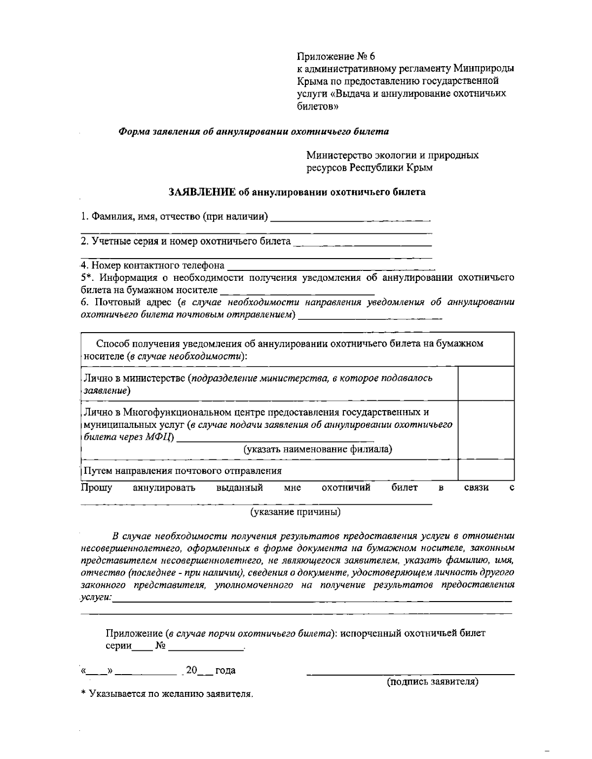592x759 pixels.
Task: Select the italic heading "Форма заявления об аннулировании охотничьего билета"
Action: point(254,132)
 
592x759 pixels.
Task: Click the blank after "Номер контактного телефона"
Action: point(330,266)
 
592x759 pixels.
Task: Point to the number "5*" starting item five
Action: point(87,277)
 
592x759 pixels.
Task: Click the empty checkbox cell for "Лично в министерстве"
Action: point(486,383)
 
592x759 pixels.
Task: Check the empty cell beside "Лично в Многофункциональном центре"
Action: point(486,430)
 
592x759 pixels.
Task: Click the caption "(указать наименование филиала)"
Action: point(318,449)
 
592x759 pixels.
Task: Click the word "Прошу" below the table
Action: point(97,488)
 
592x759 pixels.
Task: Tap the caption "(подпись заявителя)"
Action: point(432,682)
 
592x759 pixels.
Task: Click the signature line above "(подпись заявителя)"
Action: point(410,674)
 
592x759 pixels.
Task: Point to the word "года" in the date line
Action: point(225,670)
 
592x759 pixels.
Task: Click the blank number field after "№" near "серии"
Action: point(206,647)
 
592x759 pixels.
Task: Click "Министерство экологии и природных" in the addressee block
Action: point(392,155)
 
